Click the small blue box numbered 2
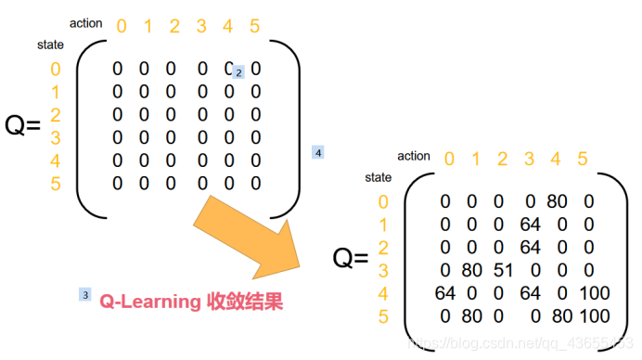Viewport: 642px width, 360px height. (x=238, y=72)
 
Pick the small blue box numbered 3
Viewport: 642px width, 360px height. (x=85, y=295)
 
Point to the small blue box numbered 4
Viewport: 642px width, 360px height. (x=318, y=151)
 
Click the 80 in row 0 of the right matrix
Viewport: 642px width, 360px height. (x=557, y=201)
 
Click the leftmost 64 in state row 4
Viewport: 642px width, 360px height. (x=444, y=293)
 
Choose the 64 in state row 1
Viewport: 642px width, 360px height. (x=529, y=225)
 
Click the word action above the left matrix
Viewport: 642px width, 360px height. (x=85, y=22)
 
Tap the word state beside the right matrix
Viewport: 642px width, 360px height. (x=378, y=176)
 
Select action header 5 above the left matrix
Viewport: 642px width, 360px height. (x=255, y=26)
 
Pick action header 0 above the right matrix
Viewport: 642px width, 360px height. (x=449, y=159)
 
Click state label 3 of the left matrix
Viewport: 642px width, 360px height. (x=55, y=137)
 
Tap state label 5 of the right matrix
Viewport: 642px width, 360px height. (x=384, y=316)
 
